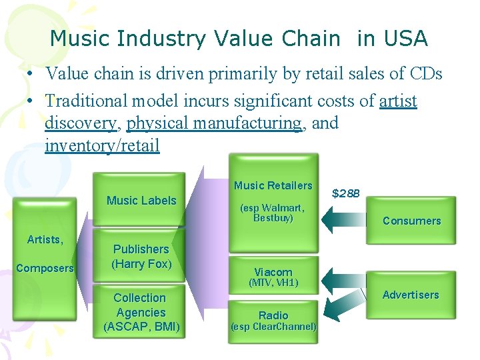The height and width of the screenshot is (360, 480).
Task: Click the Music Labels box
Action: (x=141, y=200)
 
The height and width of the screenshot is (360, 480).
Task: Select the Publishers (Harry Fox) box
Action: (x=141, y=257)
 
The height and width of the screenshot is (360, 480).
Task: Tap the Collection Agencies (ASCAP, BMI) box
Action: (x=141, y=312)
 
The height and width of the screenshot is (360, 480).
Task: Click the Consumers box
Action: (x=411, y=221)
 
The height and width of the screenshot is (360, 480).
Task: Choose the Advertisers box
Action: (x=411, y=295)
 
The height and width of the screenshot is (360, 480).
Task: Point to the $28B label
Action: (x=346, y=193)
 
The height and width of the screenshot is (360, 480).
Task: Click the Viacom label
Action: (x=273, y=272)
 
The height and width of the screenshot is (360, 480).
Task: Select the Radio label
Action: (x=273, y=315)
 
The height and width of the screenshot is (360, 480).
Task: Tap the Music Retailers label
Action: (x=273, y=185)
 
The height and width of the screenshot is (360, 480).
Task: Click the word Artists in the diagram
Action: (x=45, y=239)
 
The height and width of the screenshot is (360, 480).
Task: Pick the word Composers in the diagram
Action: (x=45, y=268)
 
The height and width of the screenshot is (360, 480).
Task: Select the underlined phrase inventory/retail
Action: (x=102, y=145)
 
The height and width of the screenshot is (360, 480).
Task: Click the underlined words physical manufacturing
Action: (x=213, y=123)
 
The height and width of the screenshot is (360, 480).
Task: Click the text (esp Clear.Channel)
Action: (x=273, y=327)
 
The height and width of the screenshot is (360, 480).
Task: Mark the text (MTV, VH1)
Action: (x=273, y=283)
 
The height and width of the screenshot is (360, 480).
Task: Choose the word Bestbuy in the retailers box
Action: (x=273, y=218)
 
